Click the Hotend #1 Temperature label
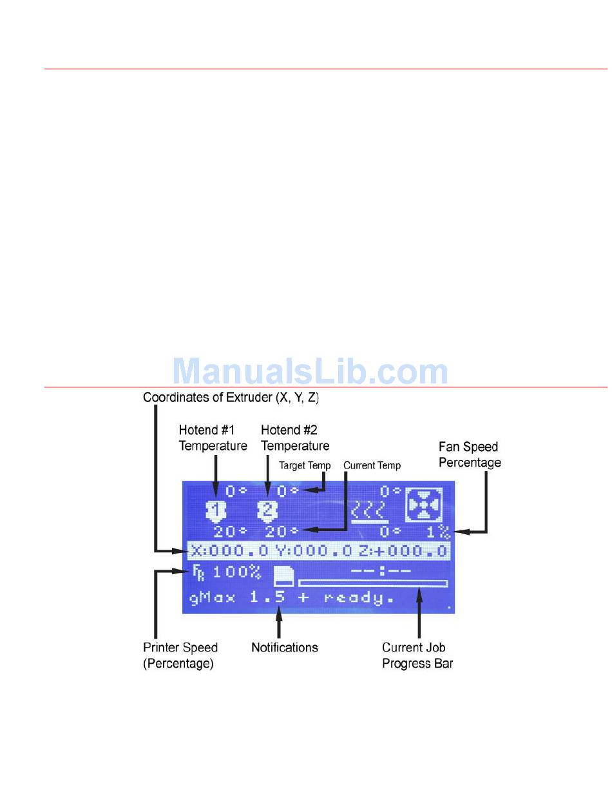pos(213,438)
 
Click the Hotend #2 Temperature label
pos(295,438)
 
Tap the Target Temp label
pos(305,465)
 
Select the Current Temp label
pos(372,465)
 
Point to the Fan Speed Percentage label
pos(470,454)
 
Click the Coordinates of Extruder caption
pos(231,398)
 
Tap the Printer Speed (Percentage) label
pos(180,655)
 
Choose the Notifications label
pos(284,648)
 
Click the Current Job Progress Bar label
pos(417,655)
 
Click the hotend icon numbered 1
pos(216,511)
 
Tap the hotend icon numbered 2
pos(267,511)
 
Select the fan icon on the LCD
pos(424,505)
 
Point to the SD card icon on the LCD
pos(283,576)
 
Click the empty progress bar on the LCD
pos(372,584)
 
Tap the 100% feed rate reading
pos(236,572)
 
